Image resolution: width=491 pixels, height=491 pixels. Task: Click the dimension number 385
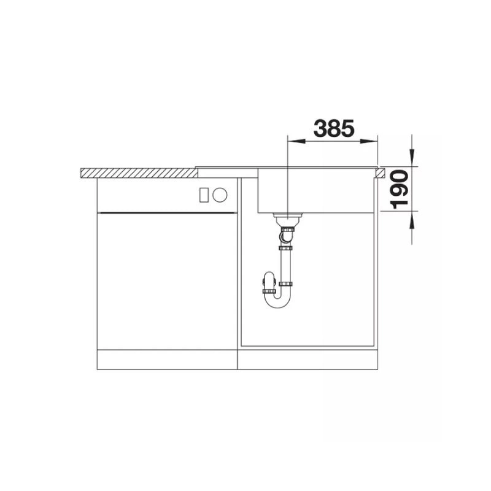pyautogui.click(x=334, y=128)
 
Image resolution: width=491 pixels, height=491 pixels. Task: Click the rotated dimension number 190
pyautogui.click(x=400, y=190)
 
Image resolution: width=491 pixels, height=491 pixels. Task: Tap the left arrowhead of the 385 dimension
pyautogui.click(x=296, y=142)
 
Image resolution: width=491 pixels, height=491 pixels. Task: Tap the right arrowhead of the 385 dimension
pyautogui.click(x=369, y=142)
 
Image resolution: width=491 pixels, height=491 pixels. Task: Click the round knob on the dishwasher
pyautogui.click(x=220, y=195)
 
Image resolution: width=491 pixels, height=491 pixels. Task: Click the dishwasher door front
pyautogui.click(x=167, y=281)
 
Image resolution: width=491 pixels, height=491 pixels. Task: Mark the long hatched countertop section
pyautogui.click(x=139, y=173)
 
